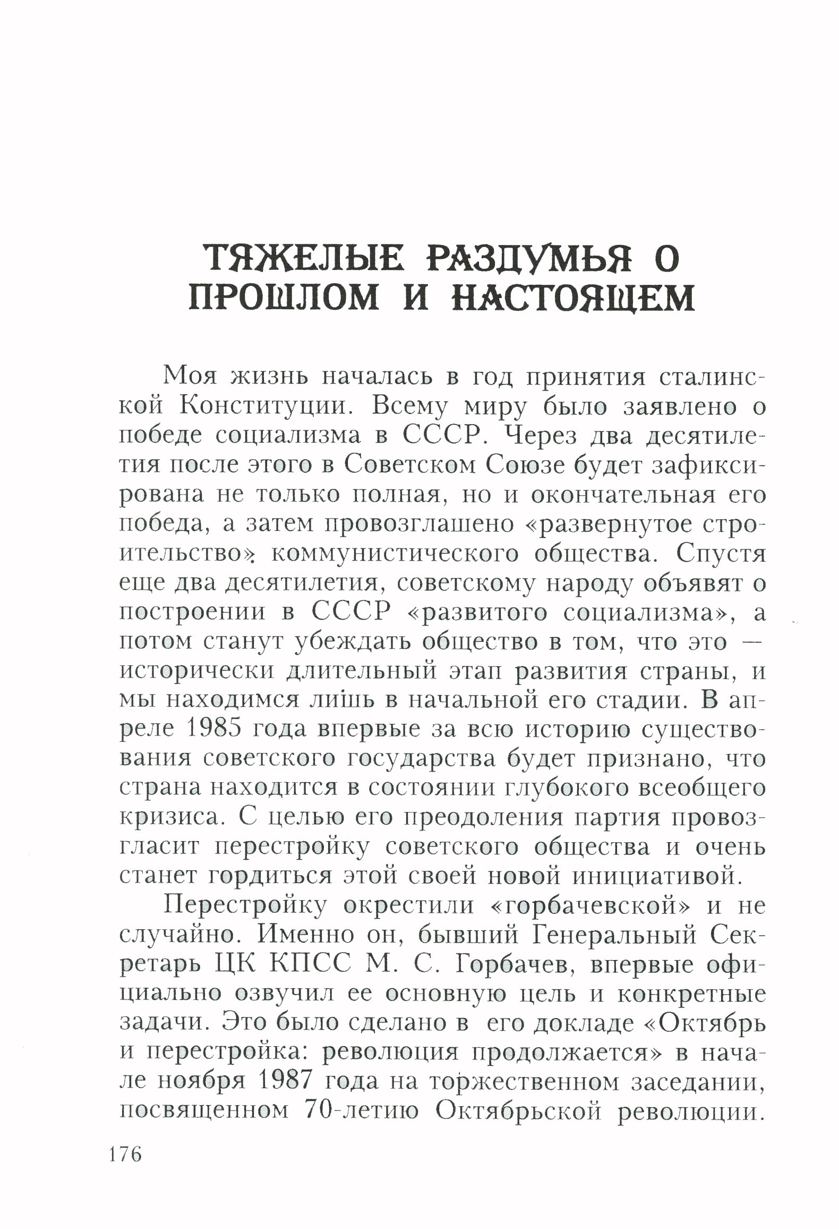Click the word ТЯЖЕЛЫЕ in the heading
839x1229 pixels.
(x=304, y=259)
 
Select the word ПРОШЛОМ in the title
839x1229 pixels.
(x=284, y=298)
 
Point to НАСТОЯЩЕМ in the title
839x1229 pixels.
(x=573, y=298)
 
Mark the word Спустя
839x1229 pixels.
(x=721, y=554)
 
